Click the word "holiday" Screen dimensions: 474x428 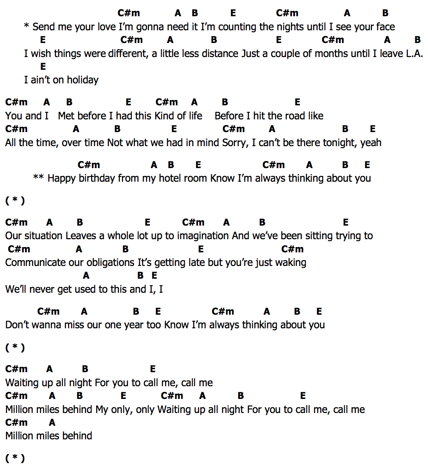pyautogui.click(x=83, y=80)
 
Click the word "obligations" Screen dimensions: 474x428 pyautogui.click(x=110, y=262)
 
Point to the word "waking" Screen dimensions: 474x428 pyautogui.click(x=291, y=262)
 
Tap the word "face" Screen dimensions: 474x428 pyautogui.click(x=385, y=27)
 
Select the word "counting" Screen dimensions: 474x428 pyautogui.click(x=237, y=27)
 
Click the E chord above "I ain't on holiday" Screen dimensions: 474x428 pyautogui.click(x=43, y=67)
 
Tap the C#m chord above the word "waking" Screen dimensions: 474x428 pyautogui.click(x=292, y=249)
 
